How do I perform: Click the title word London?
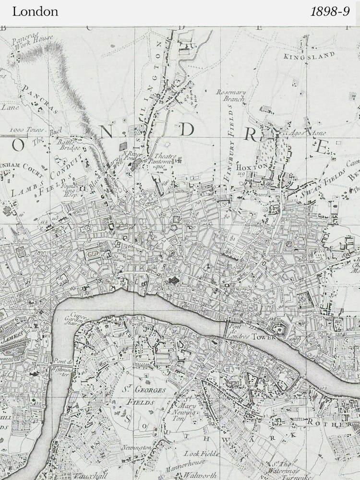[35, 12]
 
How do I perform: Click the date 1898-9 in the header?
[330, 12]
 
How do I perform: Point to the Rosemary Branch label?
[231, 96]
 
